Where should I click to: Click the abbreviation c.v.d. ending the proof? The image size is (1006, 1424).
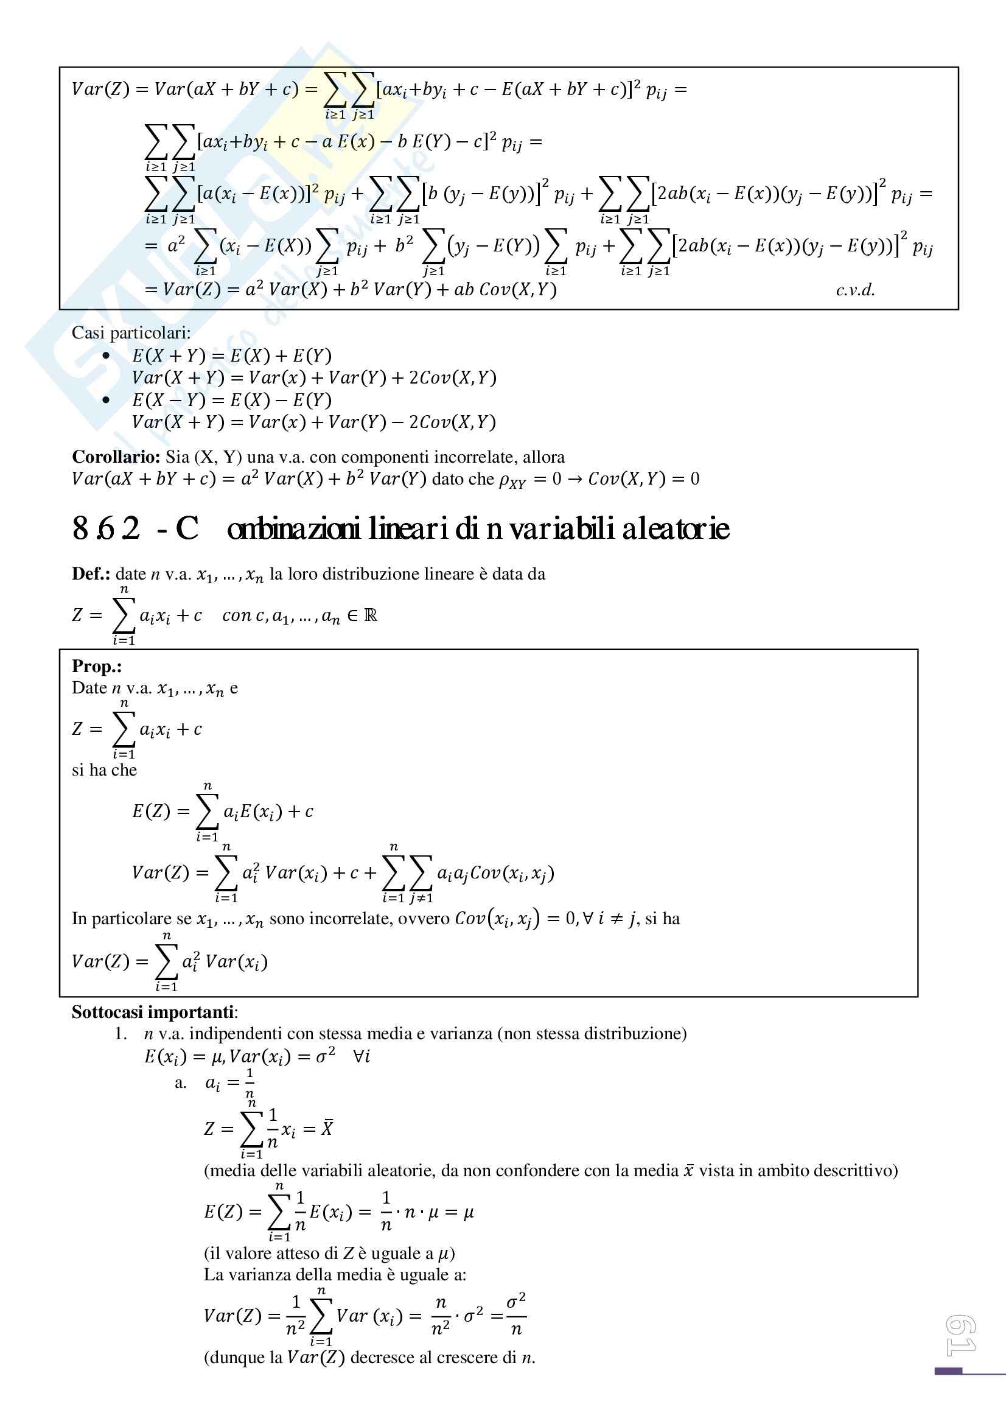click(856, 290)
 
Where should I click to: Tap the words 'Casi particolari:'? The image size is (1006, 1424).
click(131, 333)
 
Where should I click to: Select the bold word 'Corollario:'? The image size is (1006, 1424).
click(116, 457)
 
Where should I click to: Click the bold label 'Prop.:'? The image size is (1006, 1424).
click(97, 666)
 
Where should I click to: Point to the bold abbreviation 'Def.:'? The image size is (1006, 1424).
click(91, 573)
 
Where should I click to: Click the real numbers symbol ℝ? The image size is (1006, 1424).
click(371, 616)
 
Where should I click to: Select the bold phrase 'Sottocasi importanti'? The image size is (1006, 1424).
click(153, 1012)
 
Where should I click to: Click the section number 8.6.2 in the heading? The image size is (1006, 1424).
click(106, 529)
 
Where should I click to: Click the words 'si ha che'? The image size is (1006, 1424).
click(104, 770)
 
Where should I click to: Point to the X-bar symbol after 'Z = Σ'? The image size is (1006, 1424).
click(327, 1128)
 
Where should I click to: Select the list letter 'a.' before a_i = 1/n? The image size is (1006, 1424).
click(180, 1084)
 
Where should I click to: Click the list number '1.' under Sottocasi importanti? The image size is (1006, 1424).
click(121, 1034)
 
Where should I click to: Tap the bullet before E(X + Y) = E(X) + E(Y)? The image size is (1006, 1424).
click(106, 356)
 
